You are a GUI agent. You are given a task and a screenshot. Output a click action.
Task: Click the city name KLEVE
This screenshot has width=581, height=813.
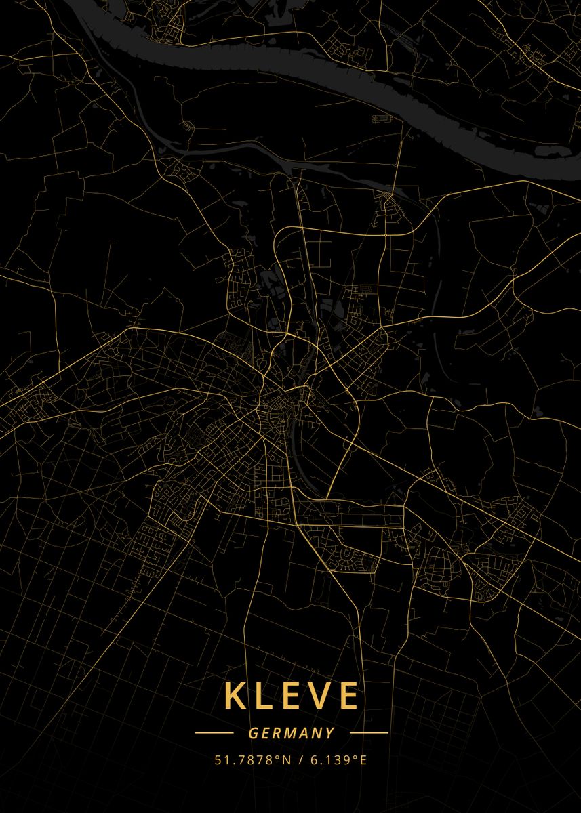(x=291, y=696)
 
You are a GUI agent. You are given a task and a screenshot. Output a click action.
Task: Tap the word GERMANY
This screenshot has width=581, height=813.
(x=291, y=733)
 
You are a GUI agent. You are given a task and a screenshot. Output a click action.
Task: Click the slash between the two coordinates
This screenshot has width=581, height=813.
(x=301, y=760)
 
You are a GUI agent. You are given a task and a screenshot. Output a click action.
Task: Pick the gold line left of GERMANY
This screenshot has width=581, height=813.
(x=214, y=732)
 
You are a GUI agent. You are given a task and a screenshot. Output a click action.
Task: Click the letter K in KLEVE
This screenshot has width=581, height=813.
(x=235, y=696)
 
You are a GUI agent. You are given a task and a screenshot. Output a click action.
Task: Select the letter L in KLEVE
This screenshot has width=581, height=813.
(x=264, y=696)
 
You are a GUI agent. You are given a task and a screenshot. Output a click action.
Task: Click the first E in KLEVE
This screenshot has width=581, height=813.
(x=289, y=696)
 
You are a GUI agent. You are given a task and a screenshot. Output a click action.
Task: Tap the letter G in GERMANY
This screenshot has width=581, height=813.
(x=252, y=733)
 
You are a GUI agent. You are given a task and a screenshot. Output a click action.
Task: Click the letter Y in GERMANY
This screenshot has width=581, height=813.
(x=329, y=733)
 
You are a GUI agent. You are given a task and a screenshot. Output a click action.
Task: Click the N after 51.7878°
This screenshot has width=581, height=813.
(x=287, y=760)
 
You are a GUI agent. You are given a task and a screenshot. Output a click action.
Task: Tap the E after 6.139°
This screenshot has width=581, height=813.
(x=363, y=760)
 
